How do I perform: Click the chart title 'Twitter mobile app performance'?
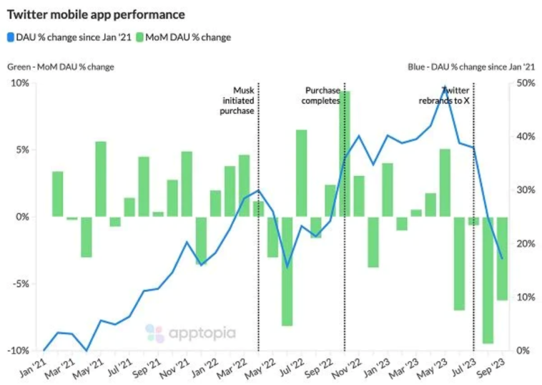coord(96,14)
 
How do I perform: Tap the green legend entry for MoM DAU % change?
coord(185,36)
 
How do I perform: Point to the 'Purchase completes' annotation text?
coord(321,96)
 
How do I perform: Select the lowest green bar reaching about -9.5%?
coord(488,280)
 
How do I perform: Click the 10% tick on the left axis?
coord(20,83)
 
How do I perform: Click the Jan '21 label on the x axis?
coord(31,369)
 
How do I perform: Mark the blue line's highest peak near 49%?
coord(445,89)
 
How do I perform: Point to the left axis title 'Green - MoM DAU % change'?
coord(61,67)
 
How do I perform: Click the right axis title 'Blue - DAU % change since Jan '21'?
coord(471,67)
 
